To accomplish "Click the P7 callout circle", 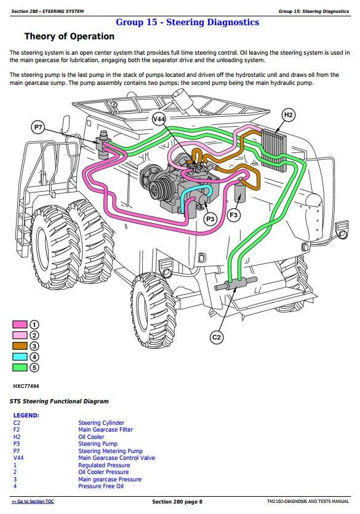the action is point(38,127).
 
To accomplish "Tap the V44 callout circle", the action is point(159,119).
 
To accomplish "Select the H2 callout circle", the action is point(288,115).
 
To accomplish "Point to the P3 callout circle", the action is point(210,219).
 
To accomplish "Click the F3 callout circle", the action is point(234,215).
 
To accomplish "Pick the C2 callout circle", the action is point(217,337).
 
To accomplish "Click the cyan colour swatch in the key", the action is point(20,357).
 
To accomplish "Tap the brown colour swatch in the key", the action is point(20,346).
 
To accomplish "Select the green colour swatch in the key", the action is point(20,368).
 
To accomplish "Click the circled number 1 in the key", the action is point(34,325).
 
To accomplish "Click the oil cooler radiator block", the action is point(274,150).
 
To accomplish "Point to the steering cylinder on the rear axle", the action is point(236,284).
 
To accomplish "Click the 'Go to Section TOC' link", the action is point(33,502).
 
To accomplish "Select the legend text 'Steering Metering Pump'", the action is point(110,451).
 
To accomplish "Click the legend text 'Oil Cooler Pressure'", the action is point(103,472).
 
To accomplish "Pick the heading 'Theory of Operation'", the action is point(70,36).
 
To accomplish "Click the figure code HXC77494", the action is point(26,386).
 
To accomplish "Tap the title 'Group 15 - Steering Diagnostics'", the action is point(187,22).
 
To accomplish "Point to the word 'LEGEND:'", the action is point(26,416).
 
